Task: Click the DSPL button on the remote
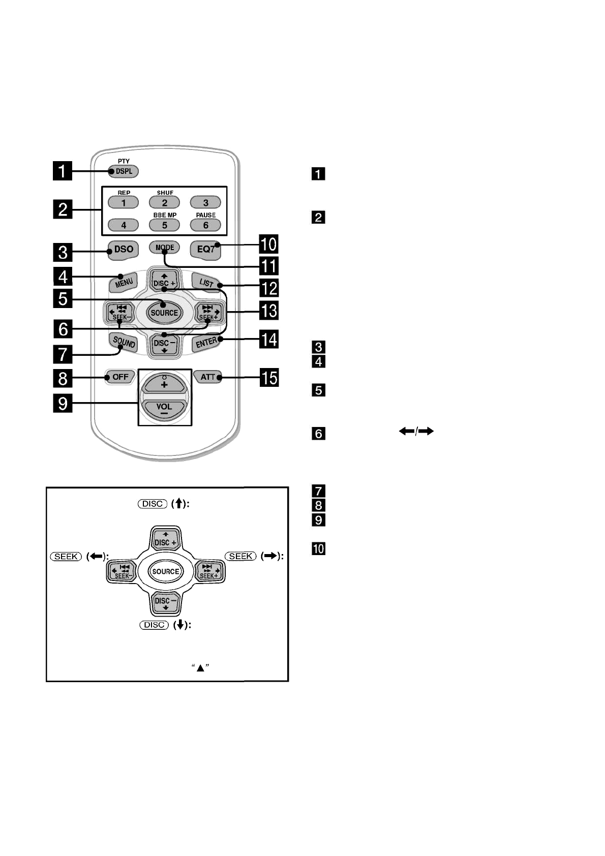(123, 171)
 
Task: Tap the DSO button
(123, 250)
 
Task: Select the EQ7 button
(205, 250)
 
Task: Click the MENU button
(124, 283)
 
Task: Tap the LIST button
(206, 283)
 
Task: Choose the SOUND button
(124, 342)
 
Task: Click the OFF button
(120, 377)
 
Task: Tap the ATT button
(207, 377)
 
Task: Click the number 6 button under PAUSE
(205, 225)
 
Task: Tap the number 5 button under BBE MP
(164, 225)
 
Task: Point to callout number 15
(269, 378)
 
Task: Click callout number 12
(269, 288)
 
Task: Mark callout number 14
(269, 339)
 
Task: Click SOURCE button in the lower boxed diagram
(166, 571)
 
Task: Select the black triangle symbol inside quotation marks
(200, 668)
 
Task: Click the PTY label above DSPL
(124, 161)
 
